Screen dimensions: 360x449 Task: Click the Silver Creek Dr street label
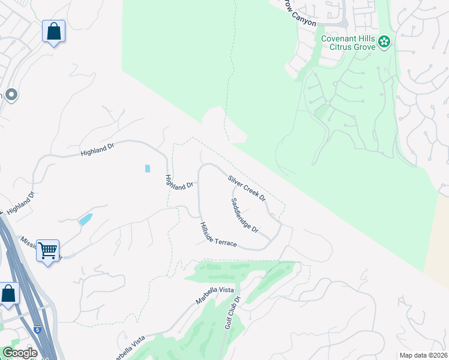point(247,188)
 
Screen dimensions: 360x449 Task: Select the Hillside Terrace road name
point(218,235)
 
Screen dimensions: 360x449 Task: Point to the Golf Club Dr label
point(232,312)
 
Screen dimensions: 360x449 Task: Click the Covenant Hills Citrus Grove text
point(348,43)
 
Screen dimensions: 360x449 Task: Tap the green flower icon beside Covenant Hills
point(385,41)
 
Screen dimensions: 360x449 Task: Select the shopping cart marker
point(48,250)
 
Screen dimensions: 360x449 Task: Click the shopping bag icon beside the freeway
point(8,294)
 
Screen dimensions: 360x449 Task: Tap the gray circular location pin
point(11,95)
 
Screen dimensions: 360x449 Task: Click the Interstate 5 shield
point(38,329)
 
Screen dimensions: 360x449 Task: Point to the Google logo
point(19,353)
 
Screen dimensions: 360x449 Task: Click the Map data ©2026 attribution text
point(423,355)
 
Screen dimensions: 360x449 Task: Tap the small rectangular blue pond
point(148,169)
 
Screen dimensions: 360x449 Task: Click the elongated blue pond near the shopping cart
point(85,219)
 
